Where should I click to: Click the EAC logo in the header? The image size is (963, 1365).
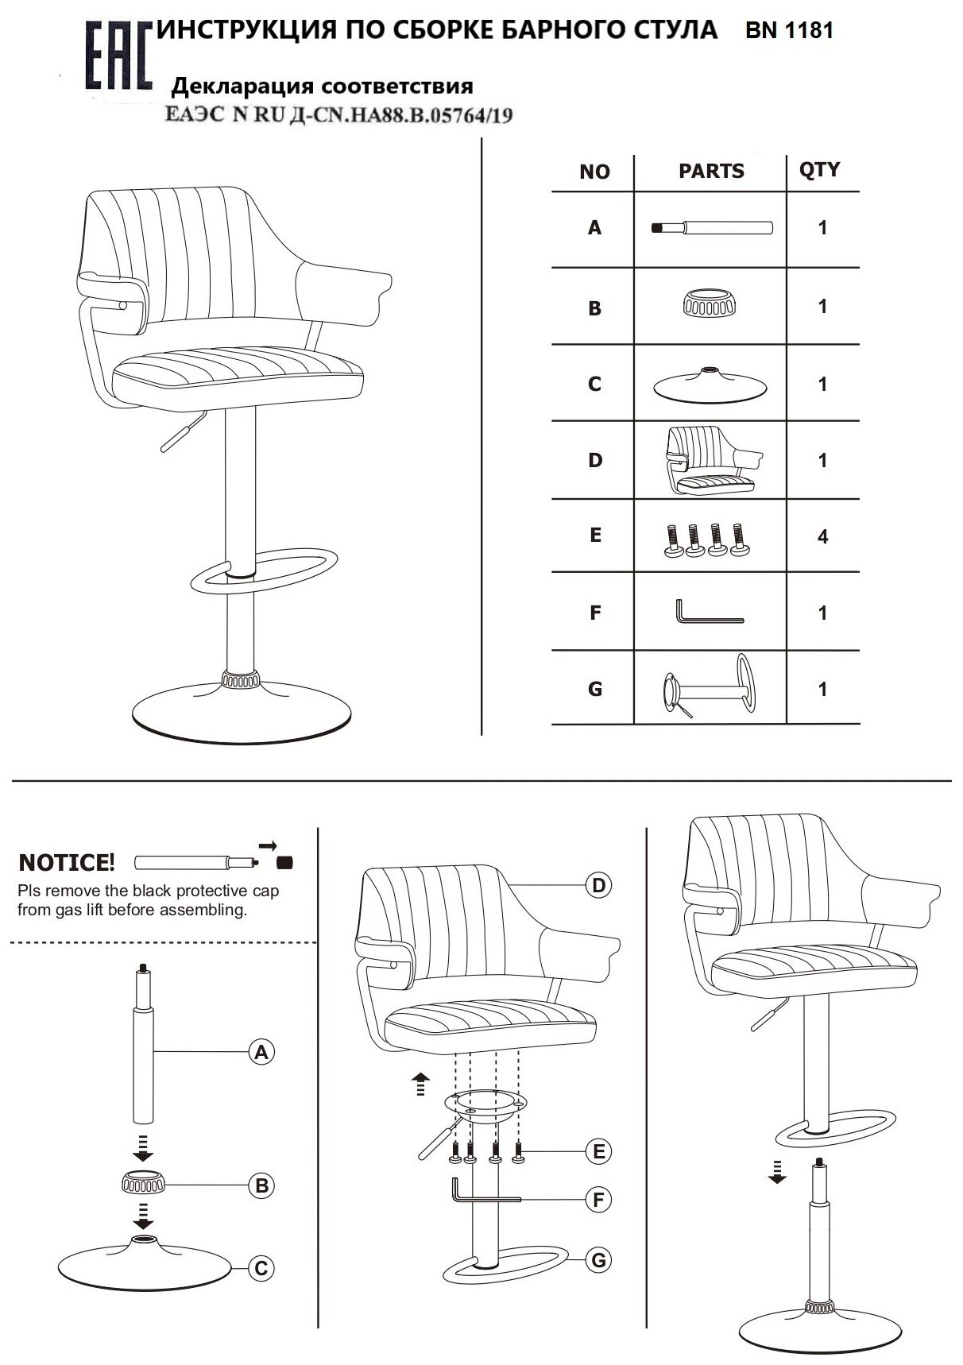click(117, 56)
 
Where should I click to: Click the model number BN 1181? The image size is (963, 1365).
click(789, 31)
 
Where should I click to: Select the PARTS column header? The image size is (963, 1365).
click(711, 171)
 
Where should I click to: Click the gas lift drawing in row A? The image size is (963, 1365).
click(712, 228)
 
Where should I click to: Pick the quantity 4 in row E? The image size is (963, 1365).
click(822, 537)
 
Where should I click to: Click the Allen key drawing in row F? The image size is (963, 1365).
click(709, 613)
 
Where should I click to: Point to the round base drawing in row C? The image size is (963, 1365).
click(710, 385)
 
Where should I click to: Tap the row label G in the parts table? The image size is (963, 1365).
click(595, 689)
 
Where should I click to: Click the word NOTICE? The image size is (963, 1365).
click(67, 863)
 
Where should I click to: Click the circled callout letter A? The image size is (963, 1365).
click(261, 1052)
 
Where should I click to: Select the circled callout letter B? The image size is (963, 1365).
click(261, 1186)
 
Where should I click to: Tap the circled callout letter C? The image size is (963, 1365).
click(261, 1269)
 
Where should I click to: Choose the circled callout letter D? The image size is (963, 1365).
click(599, 885)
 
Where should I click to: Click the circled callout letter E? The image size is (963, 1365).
click(599, 1151)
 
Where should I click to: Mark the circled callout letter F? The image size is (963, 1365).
click(599, 1199)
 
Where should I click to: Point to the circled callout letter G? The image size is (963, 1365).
click(599, 1259)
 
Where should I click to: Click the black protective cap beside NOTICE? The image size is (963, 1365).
click(284, 862)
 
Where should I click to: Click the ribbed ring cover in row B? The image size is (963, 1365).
click(710, 304)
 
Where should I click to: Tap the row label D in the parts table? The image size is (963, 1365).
click(595, 460)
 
